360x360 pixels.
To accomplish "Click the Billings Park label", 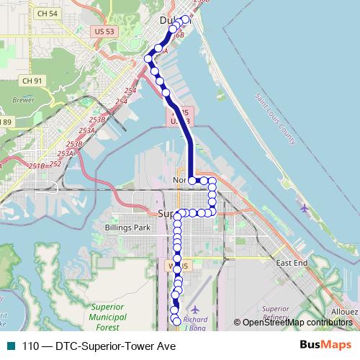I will (127, 228).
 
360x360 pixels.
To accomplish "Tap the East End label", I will (292, 263).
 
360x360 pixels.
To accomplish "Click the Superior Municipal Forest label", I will (108, 316).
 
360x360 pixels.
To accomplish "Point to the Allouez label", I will (344, 311).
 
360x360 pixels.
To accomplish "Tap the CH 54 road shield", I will (48, 14).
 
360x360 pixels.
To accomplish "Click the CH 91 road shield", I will (33, 80).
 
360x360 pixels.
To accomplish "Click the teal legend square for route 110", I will (11, 346).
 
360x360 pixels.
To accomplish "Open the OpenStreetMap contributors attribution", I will (297, 323).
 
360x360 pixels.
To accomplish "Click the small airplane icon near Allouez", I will (305, 209).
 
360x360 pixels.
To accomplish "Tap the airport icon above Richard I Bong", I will (194, 309).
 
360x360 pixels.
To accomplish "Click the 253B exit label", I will (95, 120).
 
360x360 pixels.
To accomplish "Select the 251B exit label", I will (37, 166).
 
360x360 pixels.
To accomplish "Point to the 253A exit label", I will (87, 130).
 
